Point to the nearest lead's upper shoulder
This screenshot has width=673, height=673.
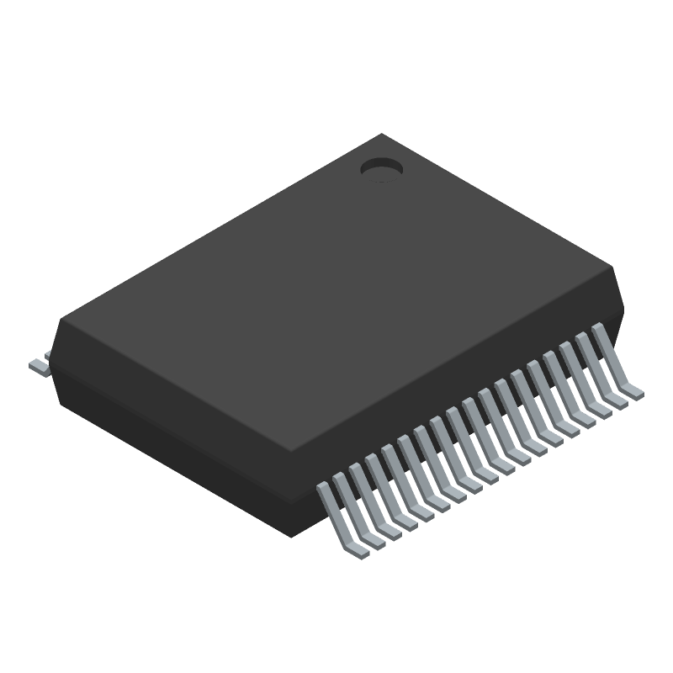[323, 490]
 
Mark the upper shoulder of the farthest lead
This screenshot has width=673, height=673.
[600, 330]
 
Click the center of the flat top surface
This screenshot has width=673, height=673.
[336, 294]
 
